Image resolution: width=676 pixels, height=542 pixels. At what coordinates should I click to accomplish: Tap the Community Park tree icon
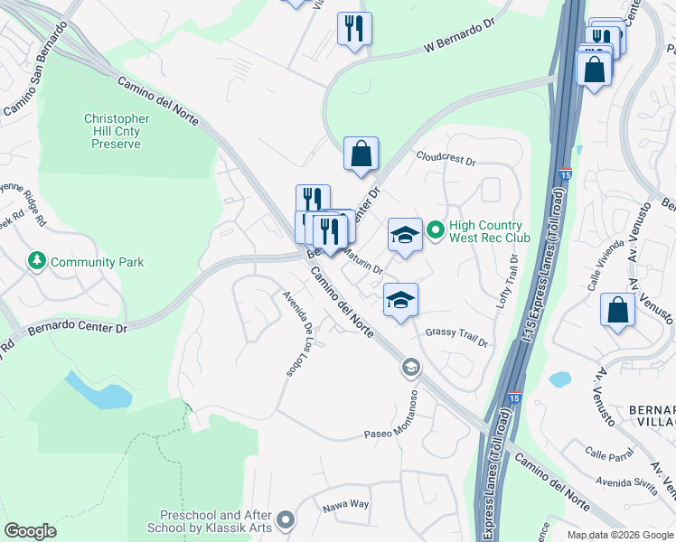37,262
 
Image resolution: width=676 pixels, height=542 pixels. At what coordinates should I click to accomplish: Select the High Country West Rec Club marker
435,232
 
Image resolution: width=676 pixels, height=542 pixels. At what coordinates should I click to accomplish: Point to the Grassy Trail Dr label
455,338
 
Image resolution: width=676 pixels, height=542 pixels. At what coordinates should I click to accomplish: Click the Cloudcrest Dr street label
445,158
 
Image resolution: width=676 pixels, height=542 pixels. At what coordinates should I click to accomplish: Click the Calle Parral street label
607,453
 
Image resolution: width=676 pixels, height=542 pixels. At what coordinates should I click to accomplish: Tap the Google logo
30,531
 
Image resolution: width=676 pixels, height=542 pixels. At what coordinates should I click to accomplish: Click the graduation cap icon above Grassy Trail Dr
400,300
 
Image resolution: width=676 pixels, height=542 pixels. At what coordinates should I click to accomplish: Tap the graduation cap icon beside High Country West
405,235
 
